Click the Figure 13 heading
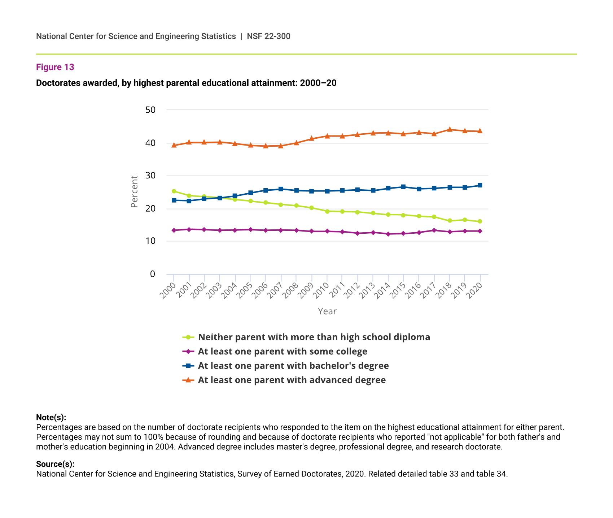coord(55,67)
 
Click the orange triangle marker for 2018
coord(450,129)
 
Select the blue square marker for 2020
coord(480,185)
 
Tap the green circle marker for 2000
coord(174,191)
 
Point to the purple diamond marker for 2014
coord(388,234)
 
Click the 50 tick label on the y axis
coord(150,110)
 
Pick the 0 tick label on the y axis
coord(153,274)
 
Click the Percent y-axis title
coord(134,191)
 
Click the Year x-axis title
coord(327,311)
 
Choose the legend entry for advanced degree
coord(292,380)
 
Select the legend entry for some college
coord(283,351)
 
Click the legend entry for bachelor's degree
coord(293,366)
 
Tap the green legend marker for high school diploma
coord(188,337)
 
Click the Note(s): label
coord(51,418)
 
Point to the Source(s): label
coord(55,464)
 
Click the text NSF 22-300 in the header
coord(268,36)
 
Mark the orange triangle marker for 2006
coord(266,146)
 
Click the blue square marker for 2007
coord(281,189)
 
